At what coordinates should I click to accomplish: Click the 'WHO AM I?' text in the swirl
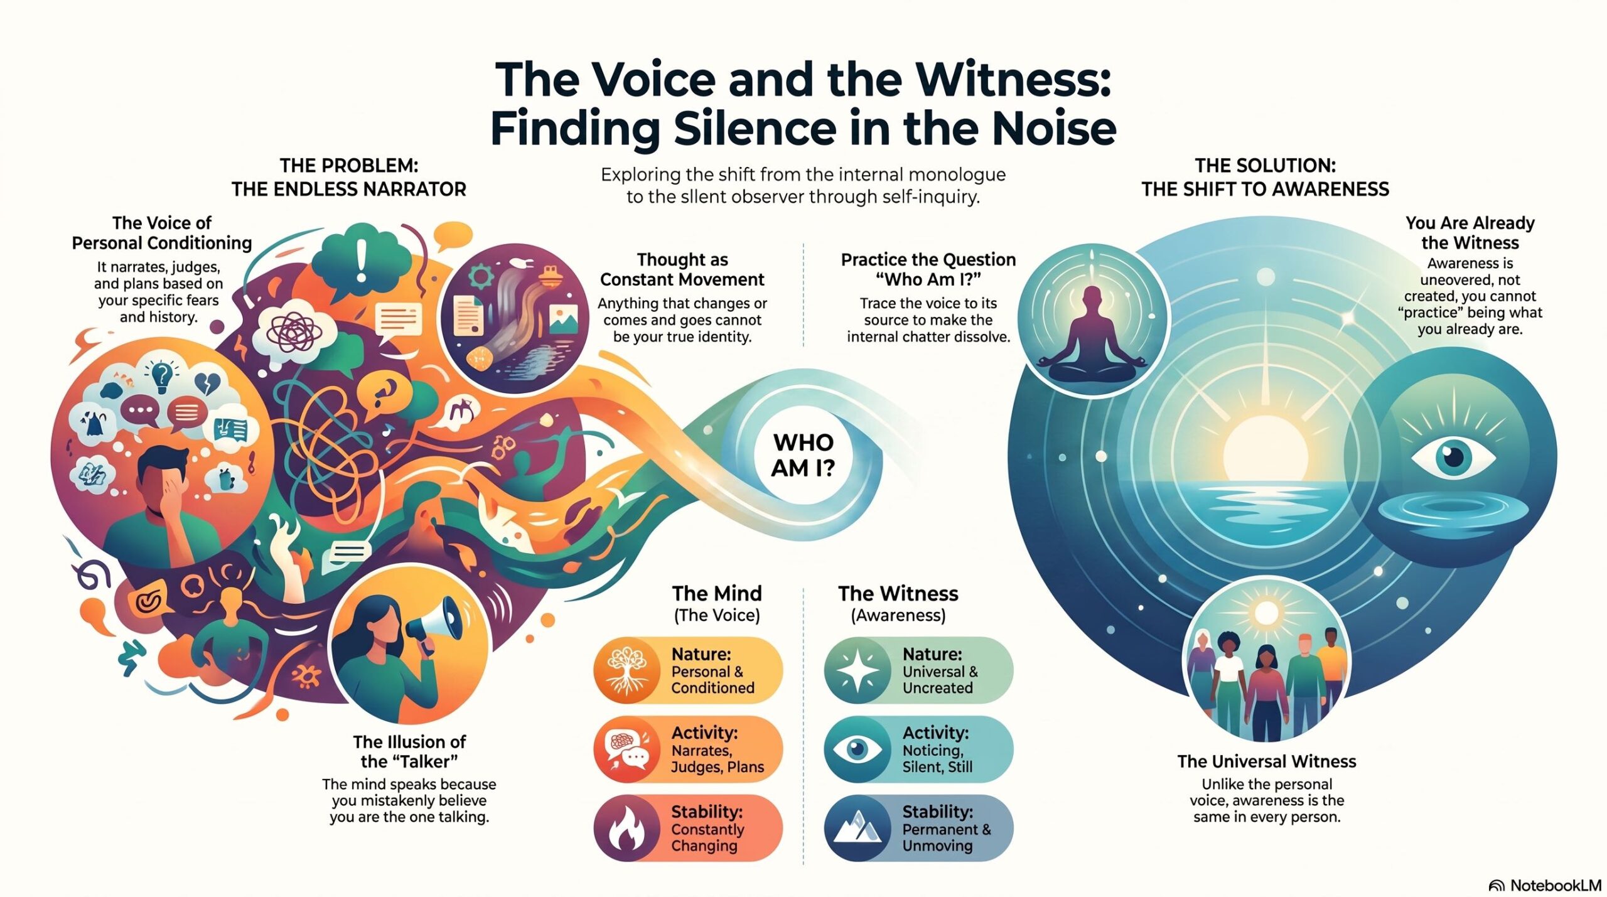803,455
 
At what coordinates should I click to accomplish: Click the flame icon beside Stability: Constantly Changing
626,829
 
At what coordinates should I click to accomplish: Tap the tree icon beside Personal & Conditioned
626,670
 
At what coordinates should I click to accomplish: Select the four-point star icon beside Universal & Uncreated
857,670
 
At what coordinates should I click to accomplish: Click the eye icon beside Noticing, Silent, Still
857,749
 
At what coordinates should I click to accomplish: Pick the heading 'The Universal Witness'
1267,761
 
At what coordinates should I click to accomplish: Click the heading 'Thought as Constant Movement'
682,269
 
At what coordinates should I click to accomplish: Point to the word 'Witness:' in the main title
1013,79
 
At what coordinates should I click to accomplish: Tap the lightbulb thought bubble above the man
162,373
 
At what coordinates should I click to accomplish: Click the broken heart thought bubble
207,382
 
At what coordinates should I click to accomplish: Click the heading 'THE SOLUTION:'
1266,166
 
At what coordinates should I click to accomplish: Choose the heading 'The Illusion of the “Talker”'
409,751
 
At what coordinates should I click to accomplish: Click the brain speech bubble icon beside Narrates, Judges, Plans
626,749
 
